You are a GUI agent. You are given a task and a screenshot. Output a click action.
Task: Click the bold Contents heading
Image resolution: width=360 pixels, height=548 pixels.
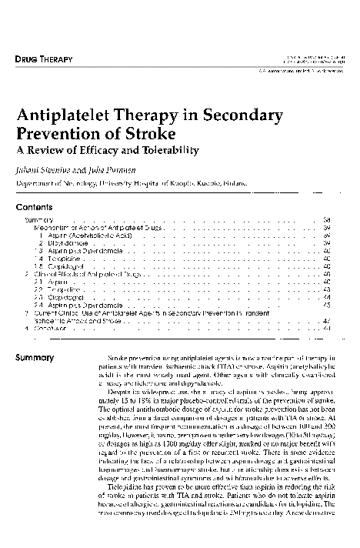[x=34, y=207]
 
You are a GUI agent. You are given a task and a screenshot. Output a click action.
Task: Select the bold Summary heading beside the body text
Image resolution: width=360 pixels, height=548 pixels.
[x=35, y=358]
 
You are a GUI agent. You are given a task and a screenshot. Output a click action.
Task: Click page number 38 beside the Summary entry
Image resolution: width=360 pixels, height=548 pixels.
[x=327, y=220]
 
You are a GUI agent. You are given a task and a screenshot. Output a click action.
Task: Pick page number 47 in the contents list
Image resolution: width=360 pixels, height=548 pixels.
[x=327, y=319]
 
